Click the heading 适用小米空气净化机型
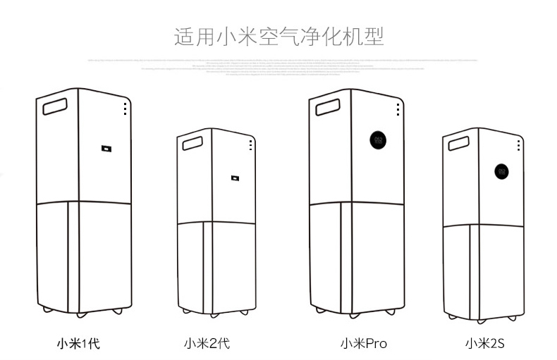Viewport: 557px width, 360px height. pyautogui.click(x=278, y=36)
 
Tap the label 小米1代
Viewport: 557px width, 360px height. pyautogui.click(x=78, y=344)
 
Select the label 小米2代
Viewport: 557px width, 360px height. pyautogui.click(x=207, y=344)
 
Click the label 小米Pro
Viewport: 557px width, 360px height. pyautogui.click(x=364, y=344)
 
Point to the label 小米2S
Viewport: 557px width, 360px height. pyautogui.click(x=484, y=344)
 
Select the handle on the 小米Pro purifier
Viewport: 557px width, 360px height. pyautogui.click(x=327, y=108)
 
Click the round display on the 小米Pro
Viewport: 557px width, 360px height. pyautogui.click(x=377, y=140)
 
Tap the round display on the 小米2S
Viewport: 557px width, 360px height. pyautogui.click(x=502, y=171)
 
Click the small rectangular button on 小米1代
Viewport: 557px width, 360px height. pyautogui.click(x=105, y=148)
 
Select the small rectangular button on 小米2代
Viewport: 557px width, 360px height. pyautogui.click(x=233, y=176)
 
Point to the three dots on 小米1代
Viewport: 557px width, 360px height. pyautogui.click(x=126, y=109)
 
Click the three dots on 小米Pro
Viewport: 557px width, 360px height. pyautogui.click(x=398, y=110)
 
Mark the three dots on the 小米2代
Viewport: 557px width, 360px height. pyautogui.click(x=250, y=144)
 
